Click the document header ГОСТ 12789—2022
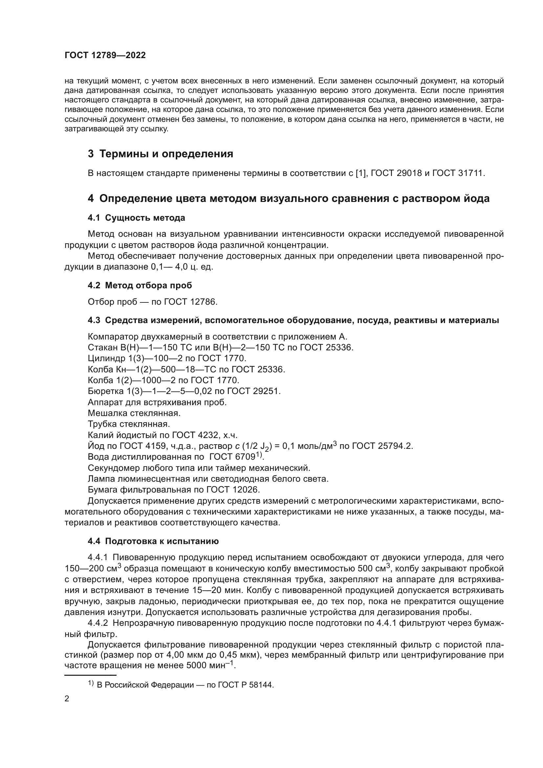point(105,55)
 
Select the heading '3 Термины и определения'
point(160,154)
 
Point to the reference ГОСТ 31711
point(458,173)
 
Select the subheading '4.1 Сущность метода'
point(136,218)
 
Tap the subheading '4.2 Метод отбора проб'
point(140,285)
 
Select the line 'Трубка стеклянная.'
point(129,424)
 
